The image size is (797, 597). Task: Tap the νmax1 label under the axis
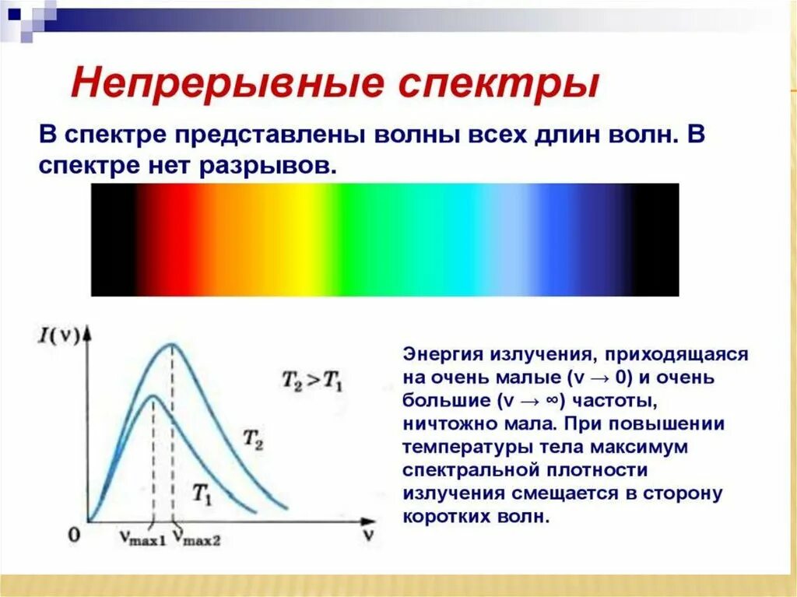click(142, 538)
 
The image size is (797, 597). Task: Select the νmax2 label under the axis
click(196, 538)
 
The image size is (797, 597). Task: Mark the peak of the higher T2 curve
click(171, 344)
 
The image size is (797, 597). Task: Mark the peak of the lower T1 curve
click(152, 395)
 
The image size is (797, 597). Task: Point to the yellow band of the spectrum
click(311, 240)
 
